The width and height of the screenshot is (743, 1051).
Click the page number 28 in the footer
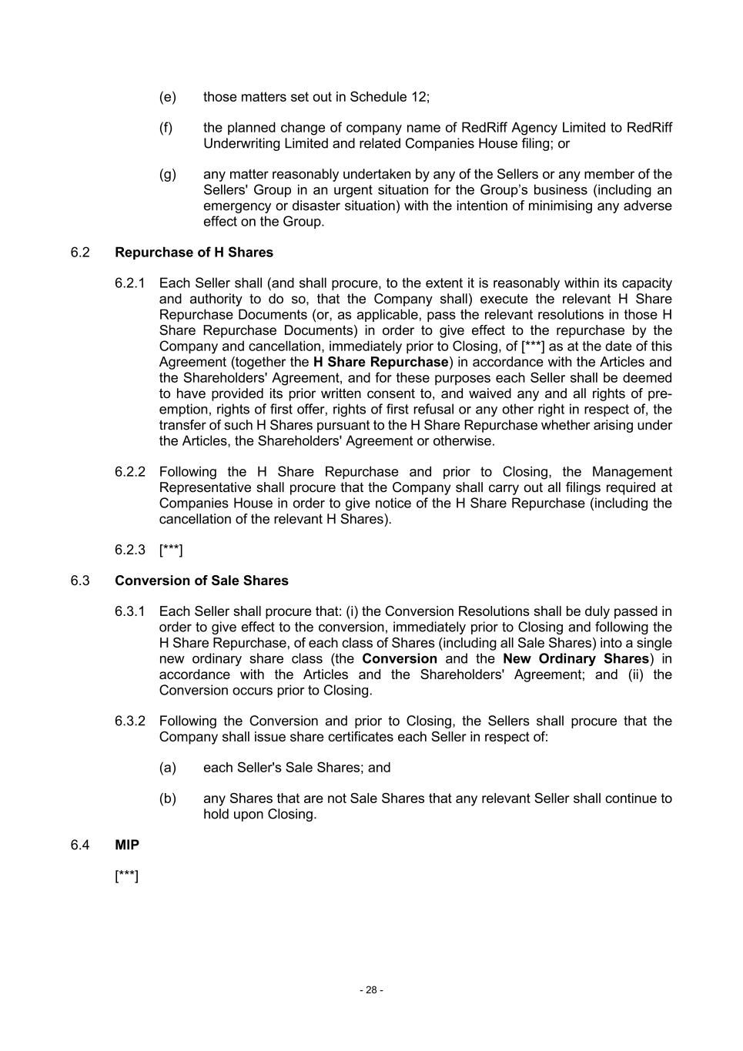click(x=371, y=990)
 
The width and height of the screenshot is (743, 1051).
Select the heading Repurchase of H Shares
click(x=193, y=253)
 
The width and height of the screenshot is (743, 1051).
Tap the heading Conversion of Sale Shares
click(x=201, y=581)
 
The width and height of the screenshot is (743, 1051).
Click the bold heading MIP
click(x=127, y=845)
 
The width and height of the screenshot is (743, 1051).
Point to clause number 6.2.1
click(x=129, y=283)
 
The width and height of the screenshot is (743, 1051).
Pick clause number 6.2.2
click(x=129, y=472)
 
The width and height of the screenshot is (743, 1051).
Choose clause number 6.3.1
click(x=129, y=611)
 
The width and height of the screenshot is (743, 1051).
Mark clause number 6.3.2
click(x=129, y=721)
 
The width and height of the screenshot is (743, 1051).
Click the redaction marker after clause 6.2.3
click(x=171, y=550)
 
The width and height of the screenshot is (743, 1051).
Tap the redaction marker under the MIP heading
click(x=126, y=876)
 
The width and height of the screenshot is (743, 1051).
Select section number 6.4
click(x=80, y=845)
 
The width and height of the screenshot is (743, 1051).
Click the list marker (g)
click(x=167, y=174)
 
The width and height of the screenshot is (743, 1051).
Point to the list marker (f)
click(x=166, y=128)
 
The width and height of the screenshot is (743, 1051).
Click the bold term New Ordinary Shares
click(x=576, y=659)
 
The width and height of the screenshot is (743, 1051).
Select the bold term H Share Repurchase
click(x=380, y=362)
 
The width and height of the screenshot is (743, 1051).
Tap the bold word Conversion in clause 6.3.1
click(x=400, y=659)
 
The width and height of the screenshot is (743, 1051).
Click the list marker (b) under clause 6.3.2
click(x=167, y=798)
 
